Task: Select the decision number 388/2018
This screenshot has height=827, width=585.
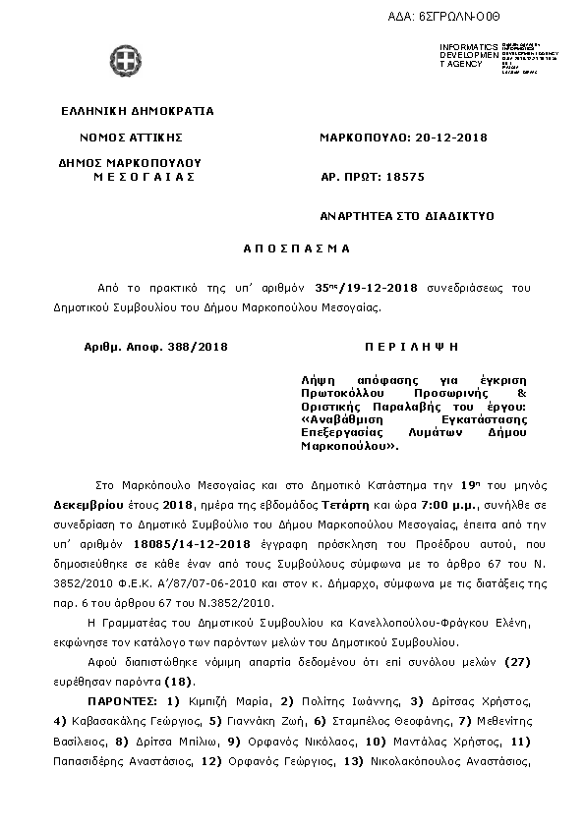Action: click(x=197, y=348)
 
